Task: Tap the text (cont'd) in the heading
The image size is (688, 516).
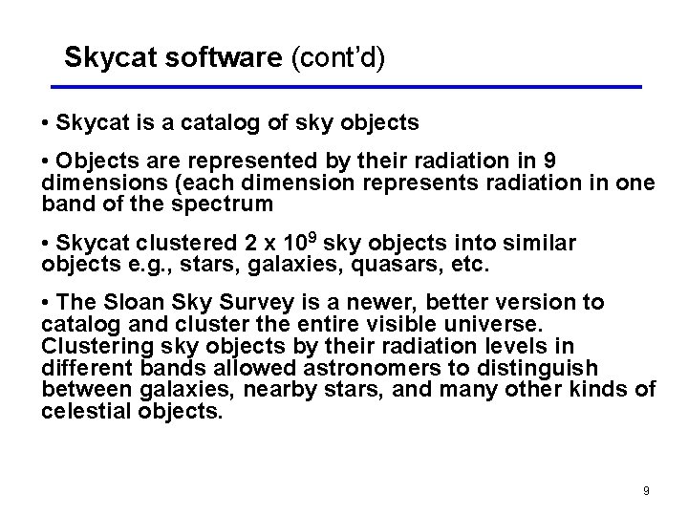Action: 334,58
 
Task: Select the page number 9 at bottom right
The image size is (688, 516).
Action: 646,491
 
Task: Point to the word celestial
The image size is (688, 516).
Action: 85,412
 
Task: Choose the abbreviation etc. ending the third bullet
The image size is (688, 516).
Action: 468,265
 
